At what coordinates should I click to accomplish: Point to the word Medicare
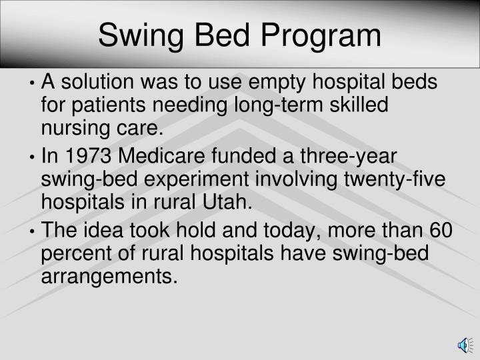(164, 157)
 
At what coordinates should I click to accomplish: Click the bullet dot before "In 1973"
(33, 158)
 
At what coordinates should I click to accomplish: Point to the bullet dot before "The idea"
(33, 231)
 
